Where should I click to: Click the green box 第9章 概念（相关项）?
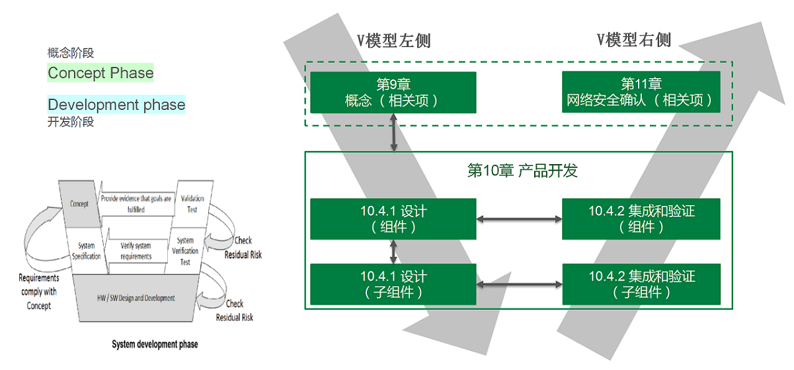pos(393,93)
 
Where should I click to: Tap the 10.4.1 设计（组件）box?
pos(393,219)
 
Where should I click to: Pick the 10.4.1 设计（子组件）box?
pos(393,285)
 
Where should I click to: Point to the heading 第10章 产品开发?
pos(522,171)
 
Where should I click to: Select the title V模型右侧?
pos(634,40)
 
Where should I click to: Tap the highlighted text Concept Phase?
pos(100,73)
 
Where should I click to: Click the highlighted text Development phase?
pos(116,105)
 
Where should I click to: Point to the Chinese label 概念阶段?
pos(70,54)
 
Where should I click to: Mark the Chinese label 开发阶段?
pos(70,122)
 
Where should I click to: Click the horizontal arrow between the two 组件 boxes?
pos(519,218)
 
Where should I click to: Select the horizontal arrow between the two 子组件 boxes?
pos(519,285)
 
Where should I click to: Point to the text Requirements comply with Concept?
pos(38,292)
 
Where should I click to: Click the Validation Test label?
pos(192,204)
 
